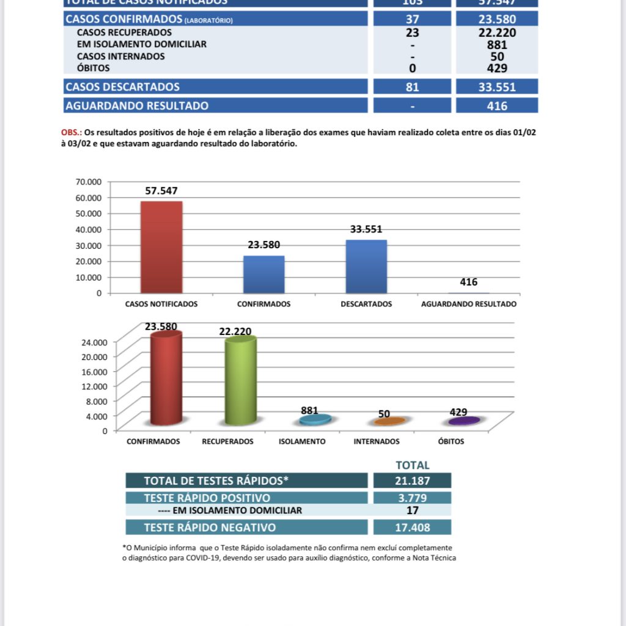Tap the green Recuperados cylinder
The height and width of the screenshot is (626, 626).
tap(240, 381)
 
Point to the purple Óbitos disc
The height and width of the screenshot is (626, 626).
tap(463, 421)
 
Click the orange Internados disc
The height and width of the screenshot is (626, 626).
tap(389, 421)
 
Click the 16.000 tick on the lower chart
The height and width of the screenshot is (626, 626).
tap(94, 371)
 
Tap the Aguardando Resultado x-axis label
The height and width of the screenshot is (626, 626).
tap(469, 304)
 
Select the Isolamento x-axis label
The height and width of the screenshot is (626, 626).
tap(302, 441)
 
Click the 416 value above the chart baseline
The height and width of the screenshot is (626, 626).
tap(469, 282)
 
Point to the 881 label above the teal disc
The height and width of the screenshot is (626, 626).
tap(309, 411)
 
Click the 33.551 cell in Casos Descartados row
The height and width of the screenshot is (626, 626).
tap(497, 87)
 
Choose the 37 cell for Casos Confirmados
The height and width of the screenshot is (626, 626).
tap(413, 20)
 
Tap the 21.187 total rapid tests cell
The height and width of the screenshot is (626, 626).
tap(412, 481)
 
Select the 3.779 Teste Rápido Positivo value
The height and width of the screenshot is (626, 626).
tap(412, 498)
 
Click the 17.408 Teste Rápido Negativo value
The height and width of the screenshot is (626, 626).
tap(412, 527)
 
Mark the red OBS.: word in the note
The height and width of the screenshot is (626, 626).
tap(71, 132)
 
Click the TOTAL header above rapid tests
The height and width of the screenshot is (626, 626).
tap(413, 465)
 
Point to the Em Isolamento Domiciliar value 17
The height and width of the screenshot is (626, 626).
tap(412, 510)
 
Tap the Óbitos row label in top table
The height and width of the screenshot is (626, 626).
tap(94, 68)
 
